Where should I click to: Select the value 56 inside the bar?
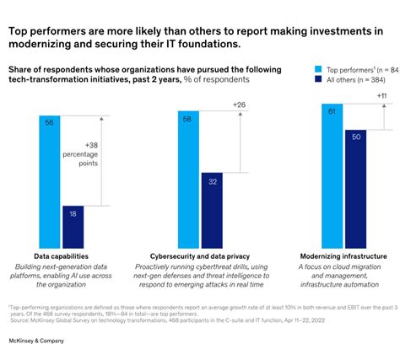49,121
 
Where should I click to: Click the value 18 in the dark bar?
73,214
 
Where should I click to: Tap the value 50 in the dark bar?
355,137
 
